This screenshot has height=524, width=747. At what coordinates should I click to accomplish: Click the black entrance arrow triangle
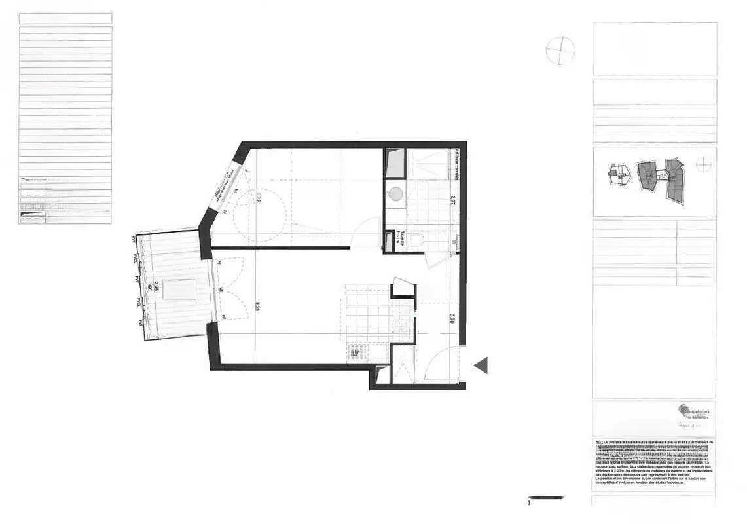tap(482, 365)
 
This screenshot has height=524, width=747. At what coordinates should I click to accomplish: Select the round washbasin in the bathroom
tap(395, 194)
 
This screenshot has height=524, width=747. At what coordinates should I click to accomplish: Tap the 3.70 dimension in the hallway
tap(452, 319)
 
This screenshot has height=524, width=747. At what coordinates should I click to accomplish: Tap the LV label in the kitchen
tap(355, 353)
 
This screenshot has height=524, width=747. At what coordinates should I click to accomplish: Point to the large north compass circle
tap(560, 50)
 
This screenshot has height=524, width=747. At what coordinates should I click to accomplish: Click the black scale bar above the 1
tap(545, 498)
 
